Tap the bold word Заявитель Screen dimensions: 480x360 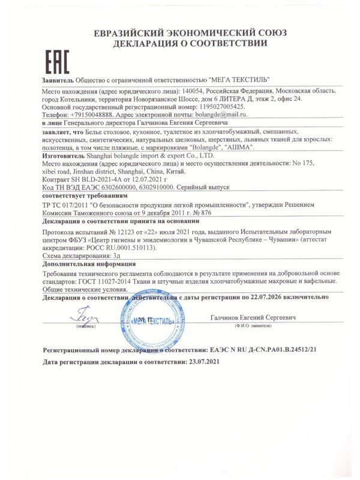click(x=59, y=79)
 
